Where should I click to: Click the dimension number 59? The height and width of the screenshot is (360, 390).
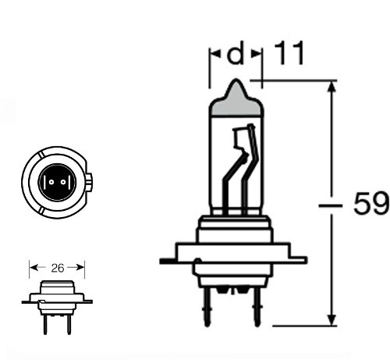[x=371, y=203]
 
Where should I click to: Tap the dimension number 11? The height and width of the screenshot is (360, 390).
[x=289, y=53]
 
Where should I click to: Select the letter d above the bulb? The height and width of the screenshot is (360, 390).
[x=236, y=53]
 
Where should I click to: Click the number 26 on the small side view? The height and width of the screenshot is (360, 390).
[x=58, y=268]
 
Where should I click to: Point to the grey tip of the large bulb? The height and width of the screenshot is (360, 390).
[x=236, y=100]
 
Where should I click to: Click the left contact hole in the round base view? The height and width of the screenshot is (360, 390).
[x=51, y=182]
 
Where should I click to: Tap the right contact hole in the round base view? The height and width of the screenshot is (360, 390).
[x=63, y=182]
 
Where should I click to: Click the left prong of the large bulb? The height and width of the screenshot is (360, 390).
[x=207, y=307]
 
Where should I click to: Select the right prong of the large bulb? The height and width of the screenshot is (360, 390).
[x=257, y=307]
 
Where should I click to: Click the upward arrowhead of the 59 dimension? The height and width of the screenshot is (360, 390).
[x=331, y=87]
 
